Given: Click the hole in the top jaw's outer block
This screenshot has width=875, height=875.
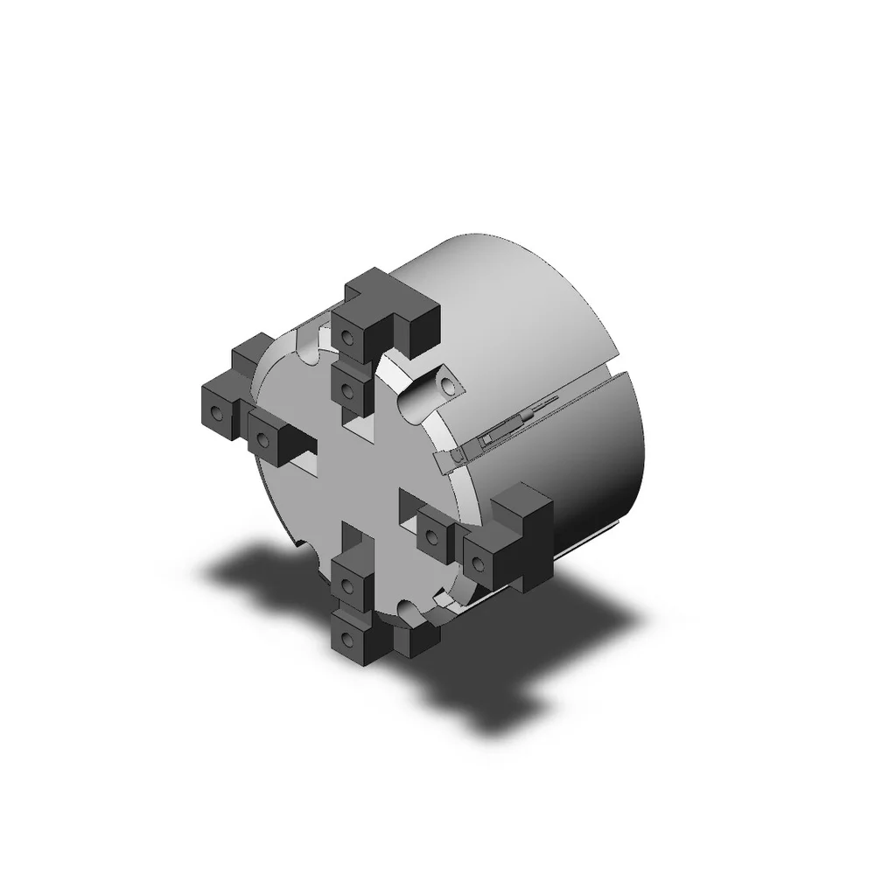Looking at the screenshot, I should click(x=348, y=336).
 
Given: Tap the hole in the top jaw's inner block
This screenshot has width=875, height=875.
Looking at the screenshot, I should click(x=347, y=387).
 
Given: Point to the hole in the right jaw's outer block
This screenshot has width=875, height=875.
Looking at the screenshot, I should click(x=479, y=560).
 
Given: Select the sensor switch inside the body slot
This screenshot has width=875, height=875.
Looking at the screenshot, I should click(x=494, y=432).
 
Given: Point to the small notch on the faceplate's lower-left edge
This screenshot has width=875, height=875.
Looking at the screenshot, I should click(x=299, y=544).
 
